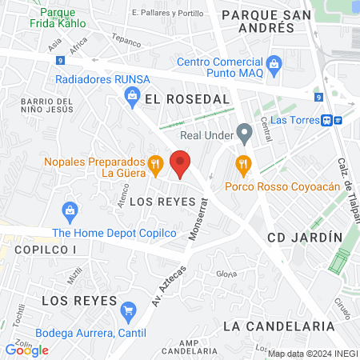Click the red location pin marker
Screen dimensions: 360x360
pos(181,164)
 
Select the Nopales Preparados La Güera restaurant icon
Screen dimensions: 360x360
pos(156,165)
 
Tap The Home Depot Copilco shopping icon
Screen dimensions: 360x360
pos(70,212)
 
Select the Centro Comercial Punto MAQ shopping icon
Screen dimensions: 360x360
pos(274,62)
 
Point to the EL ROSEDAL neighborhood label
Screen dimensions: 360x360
pos(188,98)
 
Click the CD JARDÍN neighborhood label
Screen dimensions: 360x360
pos(305,238)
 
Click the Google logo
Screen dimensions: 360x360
pos(26,350)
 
